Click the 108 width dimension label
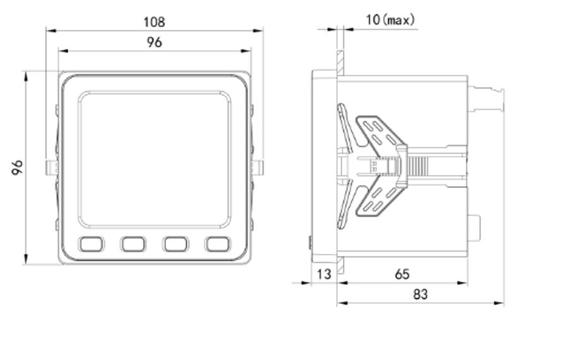[x=155, y=22]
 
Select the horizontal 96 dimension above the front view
[x=155, y=42]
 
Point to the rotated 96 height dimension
[x=17, y=167]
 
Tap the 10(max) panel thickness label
[x=390, y=20]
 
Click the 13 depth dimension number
[x=324, y=275]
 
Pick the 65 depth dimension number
[x=403, y=275]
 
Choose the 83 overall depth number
[x=420, y=294]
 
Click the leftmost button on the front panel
[x=92, y=244]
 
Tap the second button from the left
[x=133, y=244]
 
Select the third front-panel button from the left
[x=175, y=244]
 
